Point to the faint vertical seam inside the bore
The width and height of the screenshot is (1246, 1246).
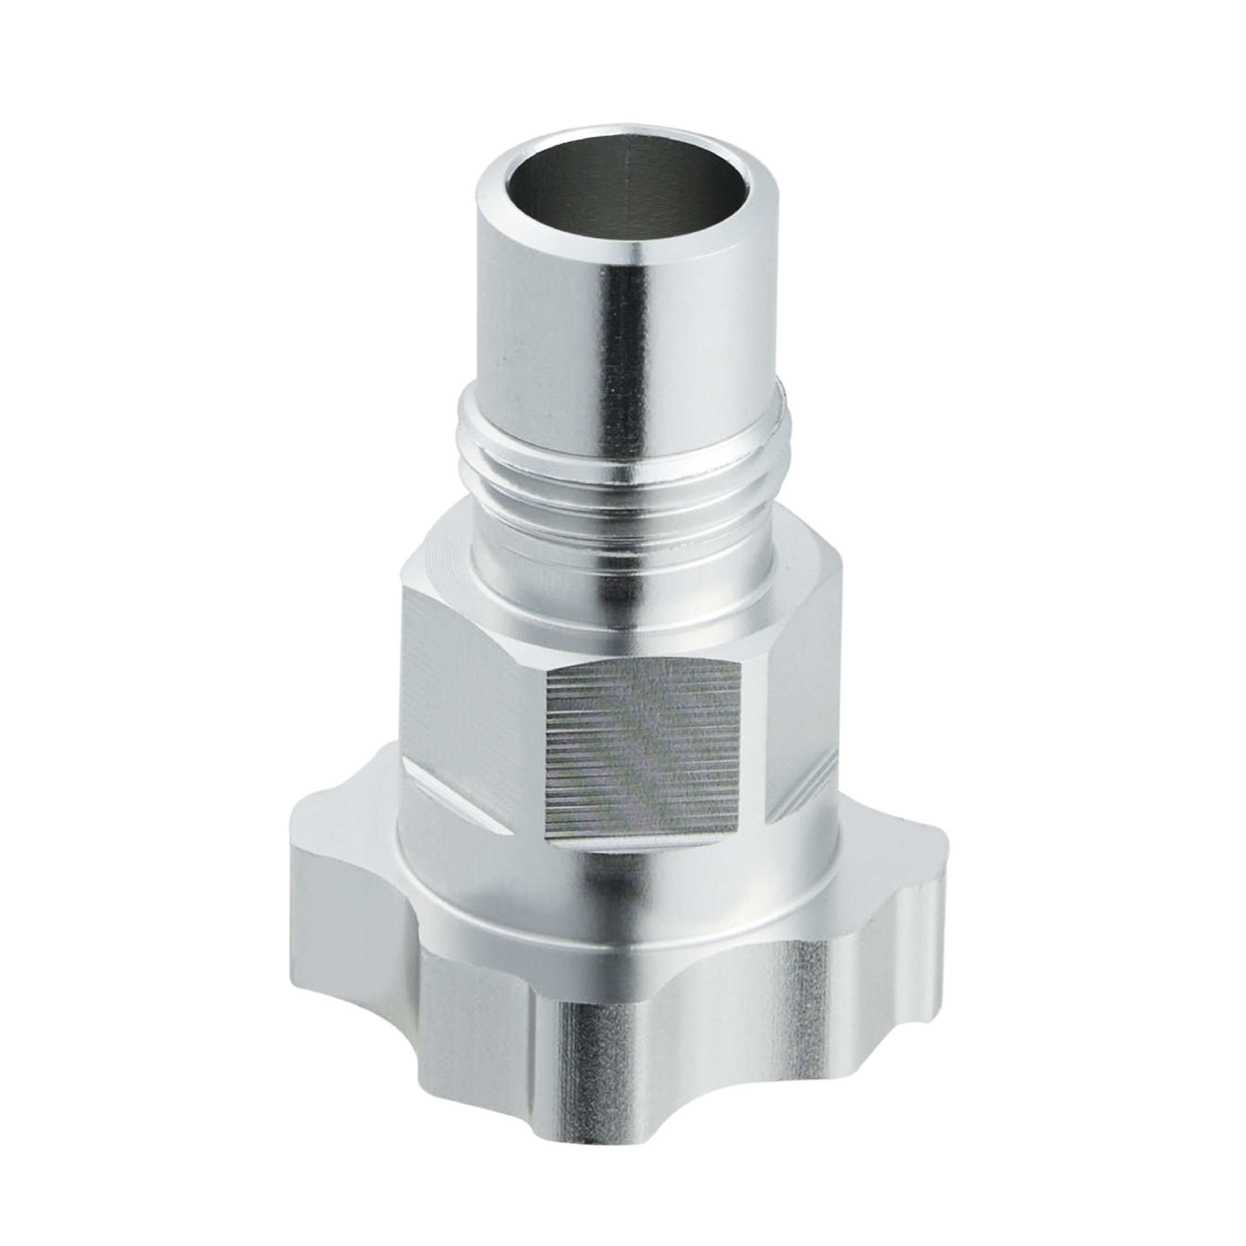pos(629,194)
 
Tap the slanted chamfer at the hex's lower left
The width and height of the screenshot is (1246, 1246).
pos(452,793)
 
